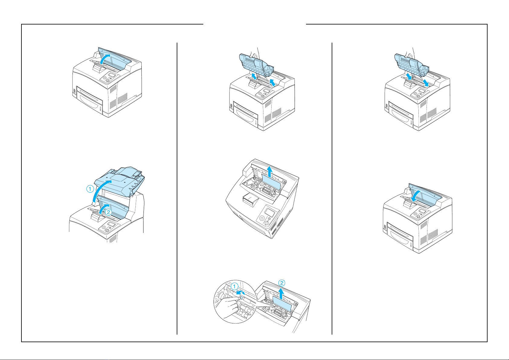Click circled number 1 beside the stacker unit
coord(90,189)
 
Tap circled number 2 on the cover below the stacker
coord(109,212)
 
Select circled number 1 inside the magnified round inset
coord(234,286)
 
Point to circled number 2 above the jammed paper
coord(282,283)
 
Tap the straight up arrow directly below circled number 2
coord(282,294)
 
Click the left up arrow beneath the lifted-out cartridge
coord(254,76)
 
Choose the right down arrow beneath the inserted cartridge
coord(426,83)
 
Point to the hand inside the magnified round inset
coord(227,307)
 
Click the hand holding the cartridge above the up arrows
coord(254,53)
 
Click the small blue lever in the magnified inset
coord(242,297)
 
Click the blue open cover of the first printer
coord(115,59)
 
